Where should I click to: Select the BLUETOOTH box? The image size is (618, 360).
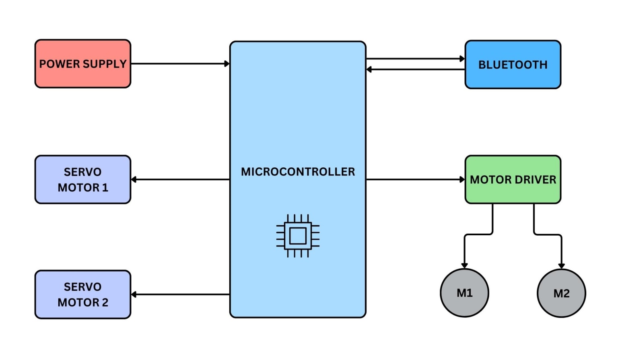click(513, 64)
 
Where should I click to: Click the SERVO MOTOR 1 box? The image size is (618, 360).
click(82, 179)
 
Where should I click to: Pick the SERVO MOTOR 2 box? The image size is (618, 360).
click(82, 294)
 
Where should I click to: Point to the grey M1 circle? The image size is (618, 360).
click(464, 293)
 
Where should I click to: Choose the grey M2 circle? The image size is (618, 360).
click(561, 293)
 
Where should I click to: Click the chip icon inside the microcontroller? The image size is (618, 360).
click(298, 236)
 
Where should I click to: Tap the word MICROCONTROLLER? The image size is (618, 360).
click(298, 172)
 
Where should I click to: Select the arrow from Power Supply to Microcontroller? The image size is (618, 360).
click(180, 64)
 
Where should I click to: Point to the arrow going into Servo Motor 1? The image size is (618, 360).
click(180, 179)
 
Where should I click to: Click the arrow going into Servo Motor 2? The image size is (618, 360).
click(180, 294)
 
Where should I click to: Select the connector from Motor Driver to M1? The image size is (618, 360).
click(479, 234)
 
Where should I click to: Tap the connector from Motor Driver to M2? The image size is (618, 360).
click(547, 234)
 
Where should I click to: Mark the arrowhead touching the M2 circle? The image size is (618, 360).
click(561, 266)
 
